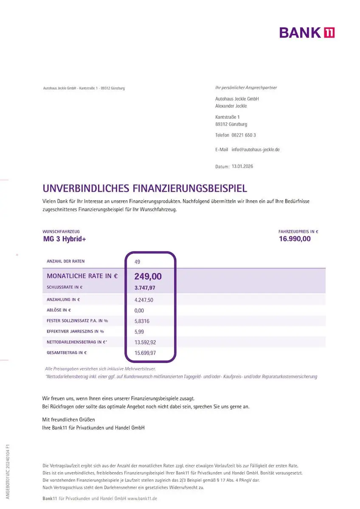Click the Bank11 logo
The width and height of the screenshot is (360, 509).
pyautogui.click(x=307, y=32)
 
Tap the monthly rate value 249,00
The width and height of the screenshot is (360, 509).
pyautogui.click(x=148, y=277)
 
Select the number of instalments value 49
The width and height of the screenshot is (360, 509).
pyautogui.click(x=137, y=262)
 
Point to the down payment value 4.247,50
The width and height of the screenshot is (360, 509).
pyautogui.click(x=144, y=300)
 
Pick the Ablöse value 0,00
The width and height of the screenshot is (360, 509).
pyautogui.click(x=139, y=310)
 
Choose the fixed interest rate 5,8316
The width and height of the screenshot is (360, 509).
pyautogui.click(x=142, y=321)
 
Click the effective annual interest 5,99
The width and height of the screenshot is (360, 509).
pyautogui.click(x=139, y=332)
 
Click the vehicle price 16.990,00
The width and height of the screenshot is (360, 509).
pyautogui.click(x=295, y=239)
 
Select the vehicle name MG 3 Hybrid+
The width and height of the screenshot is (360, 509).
pyautogui.click(x=64, y=239)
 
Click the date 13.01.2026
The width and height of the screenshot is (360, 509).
pyautogui.click(x=242, y=166)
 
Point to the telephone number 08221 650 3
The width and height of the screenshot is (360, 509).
pyautogui.click(x=244, y=135)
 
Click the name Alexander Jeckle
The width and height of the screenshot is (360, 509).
pyautogui.click(x=231, y=106)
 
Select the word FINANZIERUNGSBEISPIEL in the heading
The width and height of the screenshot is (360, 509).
pyautogui.click(x=190, y=188)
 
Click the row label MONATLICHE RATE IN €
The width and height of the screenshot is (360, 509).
pyautogui.click(x=82, y=276)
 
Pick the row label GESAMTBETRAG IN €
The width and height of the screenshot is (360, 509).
pyautogui.click(x=67, y=352)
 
